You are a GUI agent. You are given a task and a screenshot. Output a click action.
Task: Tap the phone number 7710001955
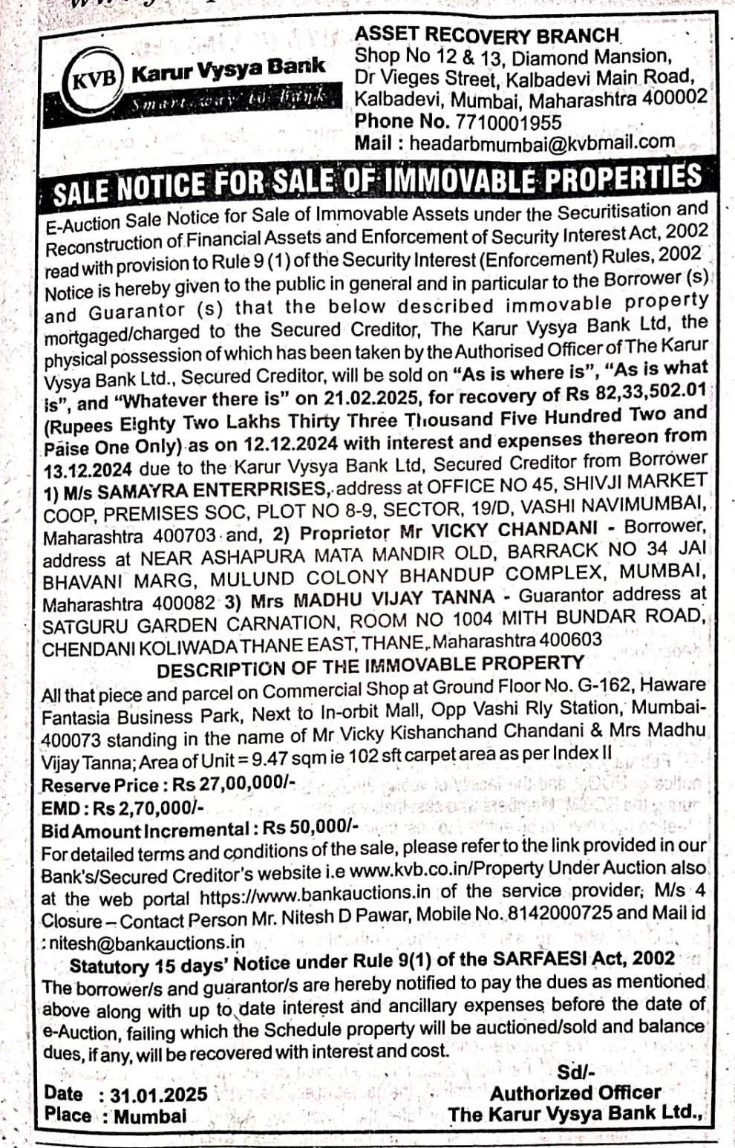tap(506, 121)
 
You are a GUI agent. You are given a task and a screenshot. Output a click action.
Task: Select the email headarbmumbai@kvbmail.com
tap(542, 143)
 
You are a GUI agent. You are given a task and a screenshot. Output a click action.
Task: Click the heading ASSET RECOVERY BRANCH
tap(487, 34)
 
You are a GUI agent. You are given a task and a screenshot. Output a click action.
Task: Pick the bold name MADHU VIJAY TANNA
tap(393, 598)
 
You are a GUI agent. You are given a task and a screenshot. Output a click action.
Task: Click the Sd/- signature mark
tap(575, 1072)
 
